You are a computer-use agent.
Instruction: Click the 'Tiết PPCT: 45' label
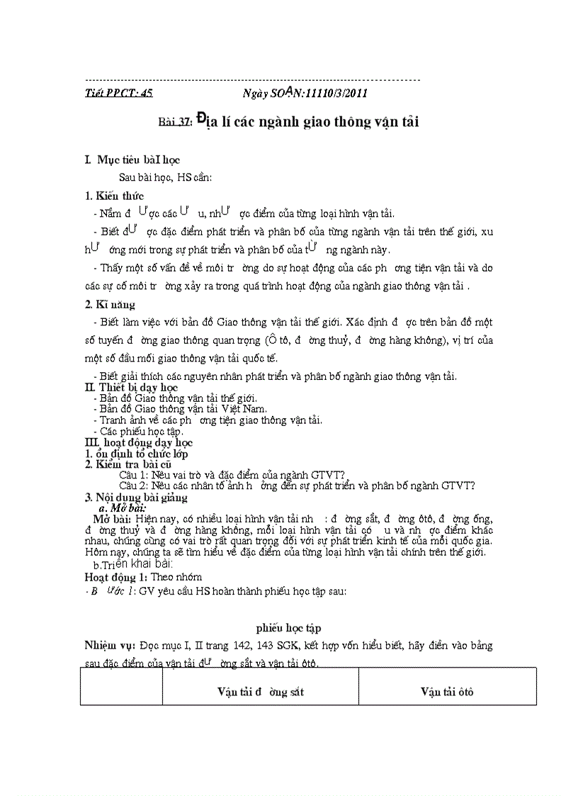118,93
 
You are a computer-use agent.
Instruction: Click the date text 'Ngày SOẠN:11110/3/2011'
305,93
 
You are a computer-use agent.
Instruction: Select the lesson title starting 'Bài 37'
288,121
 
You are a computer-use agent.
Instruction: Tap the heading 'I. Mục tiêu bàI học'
132,161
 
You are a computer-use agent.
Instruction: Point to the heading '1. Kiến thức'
114,196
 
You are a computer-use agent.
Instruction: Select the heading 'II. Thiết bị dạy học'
132,388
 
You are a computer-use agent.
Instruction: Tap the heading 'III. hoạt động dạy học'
133,442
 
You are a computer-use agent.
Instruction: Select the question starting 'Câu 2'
296,486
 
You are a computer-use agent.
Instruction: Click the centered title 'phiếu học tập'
291,628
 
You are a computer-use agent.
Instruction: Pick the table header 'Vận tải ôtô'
446,692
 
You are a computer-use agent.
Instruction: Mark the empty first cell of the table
121,686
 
